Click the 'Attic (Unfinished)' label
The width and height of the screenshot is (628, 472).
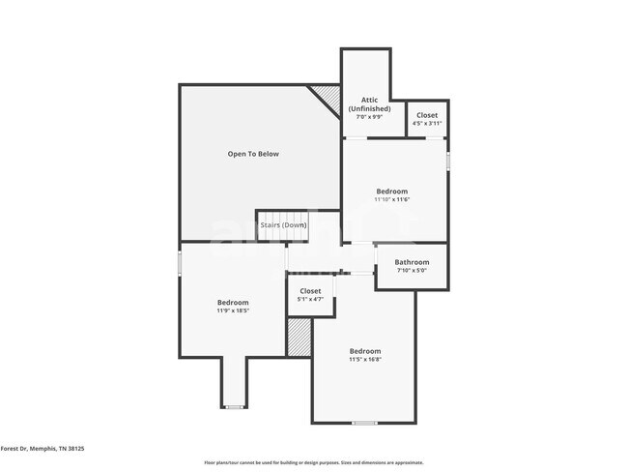point(369,103)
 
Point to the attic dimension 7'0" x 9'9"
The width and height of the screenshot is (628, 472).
point(369,117)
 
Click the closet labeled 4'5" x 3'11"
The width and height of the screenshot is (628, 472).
point(426,119)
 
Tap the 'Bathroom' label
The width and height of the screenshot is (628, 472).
point(411,262)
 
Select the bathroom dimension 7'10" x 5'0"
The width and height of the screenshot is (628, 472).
point(411,271)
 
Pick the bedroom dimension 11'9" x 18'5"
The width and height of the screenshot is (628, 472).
point(232,311)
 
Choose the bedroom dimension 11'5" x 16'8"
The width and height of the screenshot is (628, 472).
point(364,359)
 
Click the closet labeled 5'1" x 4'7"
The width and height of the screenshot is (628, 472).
point(310,295)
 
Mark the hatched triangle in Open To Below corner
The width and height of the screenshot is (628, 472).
point(328,97)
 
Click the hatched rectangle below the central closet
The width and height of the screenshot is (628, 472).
point(299,338)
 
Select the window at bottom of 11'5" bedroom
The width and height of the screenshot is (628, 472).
point(364,423)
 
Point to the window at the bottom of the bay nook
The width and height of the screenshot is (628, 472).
point(233,406)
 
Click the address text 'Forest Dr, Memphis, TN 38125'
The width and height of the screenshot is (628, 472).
point(43,449)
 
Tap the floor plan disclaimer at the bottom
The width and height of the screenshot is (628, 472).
point(313,462)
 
